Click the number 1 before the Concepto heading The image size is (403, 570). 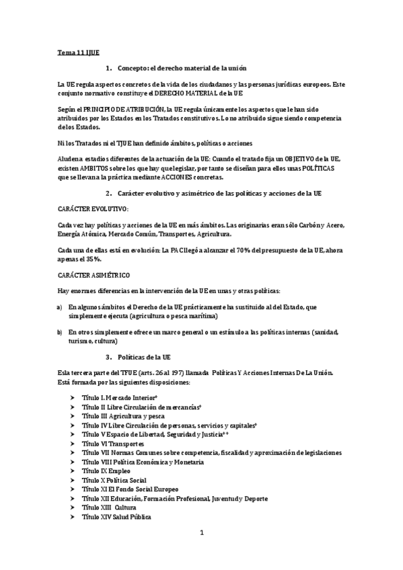(x=108, y=68)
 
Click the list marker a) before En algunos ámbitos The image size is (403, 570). (x=60, y=307)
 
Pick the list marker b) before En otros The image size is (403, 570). (x=60, y=332)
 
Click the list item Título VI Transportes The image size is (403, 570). (x=113, y=444)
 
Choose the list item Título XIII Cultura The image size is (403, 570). (x=109, y=507)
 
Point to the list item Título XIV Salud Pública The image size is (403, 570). (x=116, y=517)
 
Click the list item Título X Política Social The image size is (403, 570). (x=113, y=481)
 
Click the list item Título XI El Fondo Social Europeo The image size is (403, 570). (x=130, y=489)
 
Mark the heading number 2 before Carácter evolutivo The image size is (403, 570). (x=108, y=194)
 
